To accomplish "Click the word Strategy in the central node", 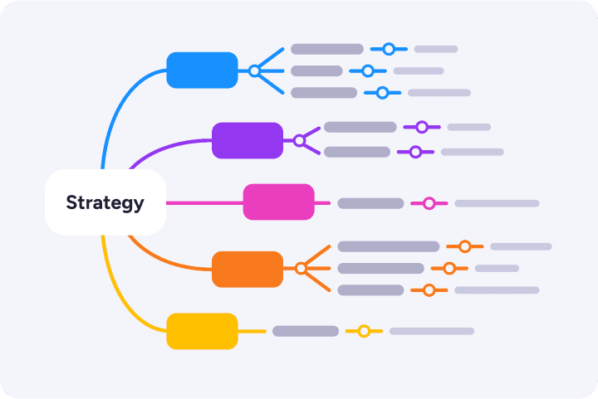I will click(105, 202).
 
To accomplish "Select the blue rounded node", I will click(202, 71).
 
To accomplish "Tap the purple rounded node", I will click(248, 140).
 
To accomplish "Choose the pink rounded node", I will click(278, 202).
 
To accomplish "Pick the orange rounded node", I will click(248, 269).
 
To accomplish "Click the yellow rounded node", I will click(202, 331).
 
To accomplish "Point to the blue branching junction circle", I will click(254, 71).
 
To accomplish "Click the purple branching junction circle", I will click(299, 141).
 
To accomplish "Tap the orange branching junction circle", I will click(301, 269).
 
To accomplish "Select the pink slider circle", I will click(429, 203).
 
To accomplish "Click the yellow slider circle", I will click(363, 331).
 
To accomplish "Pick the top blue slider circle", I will click(389, 49).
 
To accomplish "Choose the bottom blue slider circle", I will click(382, 93).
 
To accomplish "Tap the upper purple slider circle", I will click(422, 127).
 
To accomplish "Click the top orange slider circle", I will click(465, 246).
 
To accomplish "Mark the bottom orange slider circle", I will click(429, 290).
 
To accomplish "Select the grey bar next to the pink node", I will click(370, 203).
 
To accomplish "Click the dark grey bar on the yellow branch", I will click(306, 331).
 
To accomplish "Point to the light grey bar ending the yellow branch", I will click(432, 331).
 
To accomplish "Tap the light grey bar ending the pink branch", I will click(497, 203).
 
